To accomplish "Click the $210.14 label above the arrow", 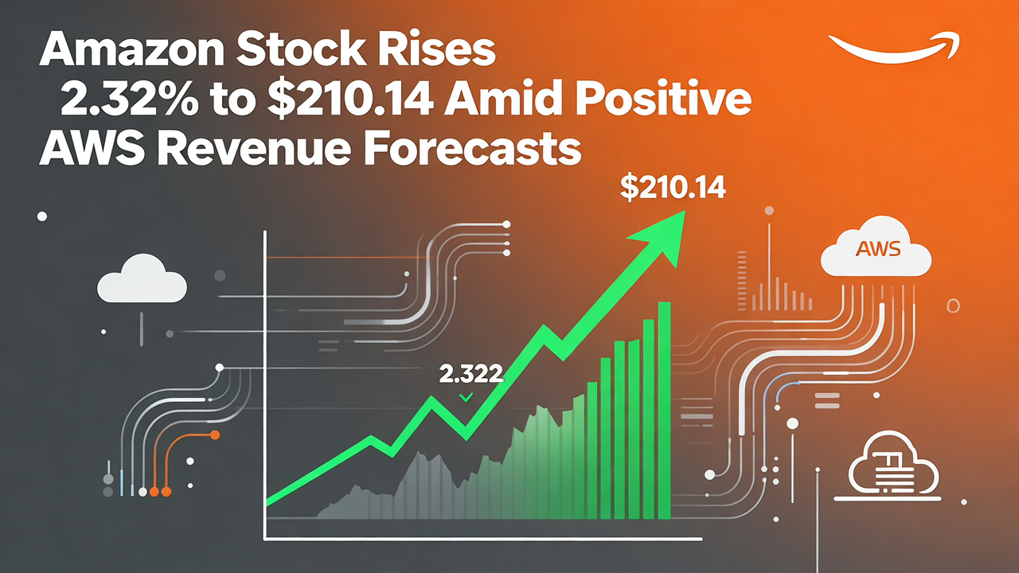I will coord(671,189).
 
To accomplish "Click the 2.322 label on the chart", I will coord(470,373).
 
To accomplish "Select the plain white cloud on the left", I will coord(142,279).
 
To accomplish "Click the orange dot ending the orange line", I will coord(213,435).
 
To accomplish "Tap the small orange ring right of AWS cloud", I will coord(953,306).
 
